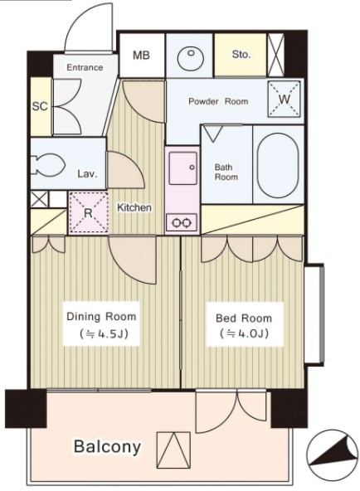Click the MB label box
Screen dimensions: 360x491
pos(141,56)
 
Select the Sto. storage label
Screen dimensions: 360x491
pos(241,55)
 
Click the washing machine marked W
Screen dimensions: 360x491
pos(284,100)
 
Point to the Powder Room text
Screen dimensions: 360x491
pos(218,101)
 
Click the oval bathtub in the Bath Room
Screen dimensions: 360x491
pos(277,165)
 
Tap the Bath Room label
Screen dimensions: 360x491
pos(226,172)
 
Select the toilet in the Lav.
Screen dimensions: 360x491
pos(47,164)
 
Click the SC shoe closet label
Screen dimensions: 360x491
pos(40,106)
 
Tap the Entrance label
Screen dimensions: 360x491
pos(85,67)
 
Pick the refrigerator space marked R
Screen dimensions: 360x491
pos(89,213)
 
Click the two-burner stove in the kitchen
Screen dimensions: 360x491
pos(182,222)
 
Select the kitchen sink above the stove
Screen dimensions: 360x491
pos(183,168)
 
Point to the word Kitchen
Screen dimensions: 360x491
pos(134,207)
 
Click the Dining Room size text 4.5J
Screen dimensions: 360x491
pos(104,334)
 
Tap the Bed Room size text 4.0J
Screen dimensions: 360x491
pos(244,333)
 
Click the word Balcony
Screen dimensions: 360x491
pos(107,447)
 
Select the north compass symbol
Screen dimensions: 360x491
pos(332,455)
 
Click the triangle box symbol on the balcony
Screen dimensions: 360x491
pos(173,450)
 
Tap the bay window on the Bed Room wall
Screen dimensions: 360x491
pos(314,314)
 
